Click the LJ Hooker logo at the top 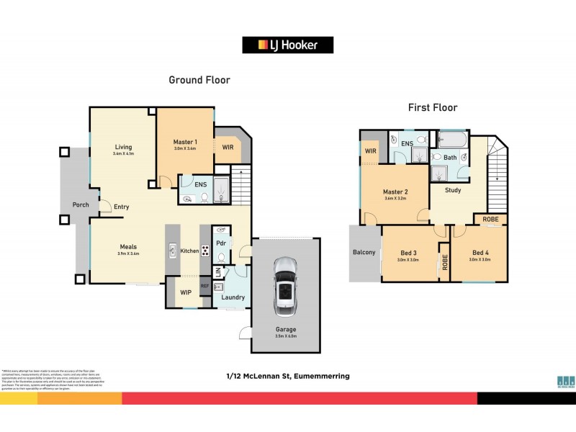click(289, 45)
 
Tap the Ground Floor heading click(199, 80)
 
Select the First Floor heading click(433, 108)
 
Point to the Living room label click(122, 147)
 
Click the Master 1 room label click(185, 142)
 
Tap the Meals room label click(127, 246)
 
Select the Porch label click(81, 204)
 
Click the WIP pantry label click(184, 292)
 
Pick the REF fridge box click(204, 287)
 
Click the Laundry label click(233, 297)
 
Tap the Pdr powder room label click(221, 243)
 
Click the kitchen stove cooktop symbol click(204, 251)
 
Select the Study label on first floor click(453, 191)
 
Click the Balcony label click(364, 252)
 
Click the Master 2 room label click(395, 192)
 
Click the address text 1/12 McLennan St click(288, 376)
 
